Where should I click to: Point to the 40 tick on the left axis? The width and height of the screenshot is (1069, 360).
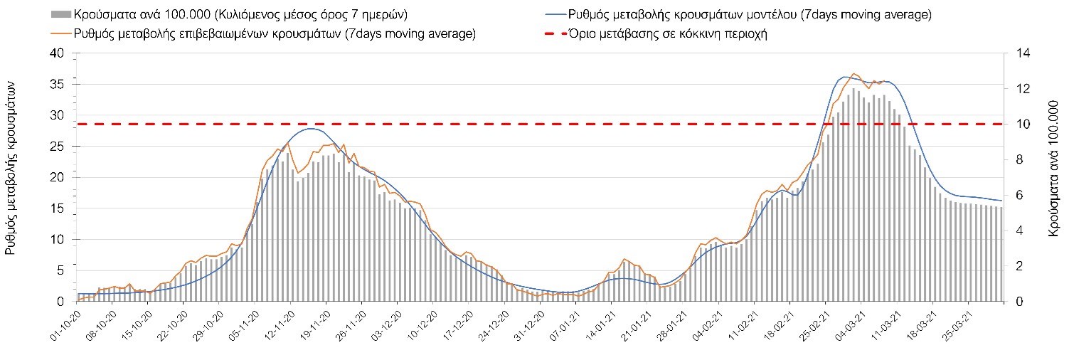[57, 53]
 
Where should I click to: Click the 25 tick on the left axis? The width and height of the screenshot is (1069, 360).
[57, 147]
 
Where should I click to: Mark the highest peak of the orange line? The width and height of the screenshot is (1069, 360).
[853, 73]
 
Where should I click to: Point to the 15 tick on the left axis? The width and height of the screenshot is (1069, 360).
[57, 208]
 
